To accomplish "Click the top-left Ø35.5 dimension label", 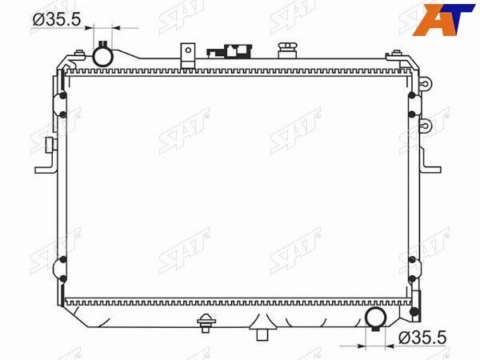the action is pos(57,19).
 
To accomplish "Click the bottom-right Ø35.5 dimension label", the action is pos(422,338).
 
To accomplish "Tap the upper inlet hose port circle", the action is pos(103,57).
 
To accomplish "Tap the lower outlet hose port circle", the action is pos(376,318).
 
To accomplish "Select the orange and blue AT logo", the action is pos(443,19).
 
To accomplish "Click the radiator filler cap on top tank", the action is pos(287,50).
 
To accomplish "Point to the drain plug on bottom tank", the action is pos(206,323).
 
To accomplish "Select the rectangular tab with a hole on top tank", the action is pos(188,55).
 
